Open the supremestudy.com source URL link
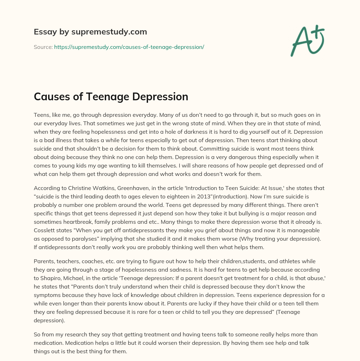click(x=129, y=47)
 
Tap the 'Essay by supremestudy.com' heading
click(x=90, y=32)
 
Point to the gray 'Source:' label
click(x=43, y=47)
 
